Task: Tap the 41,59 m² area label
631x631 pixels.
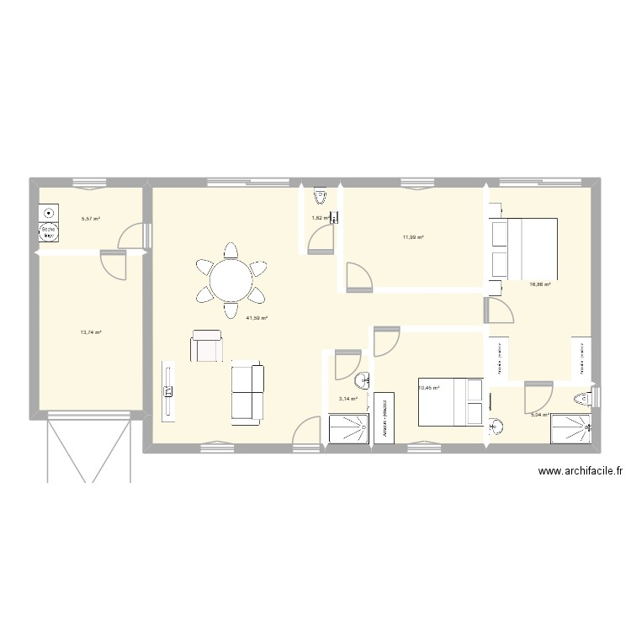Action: point(257,318)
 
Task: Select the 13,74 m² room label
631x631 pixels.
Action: point(91,332)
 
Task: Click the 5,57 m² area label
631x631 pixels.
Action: point(90,219)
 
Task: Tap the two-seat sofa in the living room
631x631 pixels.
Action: point(247,393)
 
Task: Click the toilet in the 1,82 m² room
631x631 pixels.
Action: point(320,196)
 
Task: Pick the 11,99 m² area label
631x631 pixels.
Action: point(413,237)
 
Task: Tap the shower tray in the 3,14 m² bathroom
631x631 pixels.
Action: point(349,429)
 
